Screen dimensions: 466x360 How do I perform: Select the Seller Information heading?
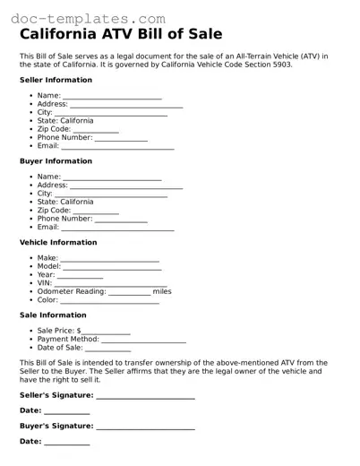pyautogui.click(x=56, y=80)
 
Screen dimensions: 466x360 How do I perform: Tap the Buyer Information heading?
pyautogui.click(x=56, y=161)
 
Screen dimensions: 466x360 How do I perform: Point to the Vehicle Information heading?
pyautogui.click(x=58, y=242)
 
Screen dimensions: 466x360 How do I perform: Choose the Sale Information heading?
pyautogui.click(x=53, y=315)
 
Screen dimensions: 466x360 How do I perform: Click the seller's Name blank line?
pyautogui.click(x=112, y=97)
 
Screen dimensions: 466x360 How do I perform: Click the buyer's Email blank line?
pyautogui.click(x=117, y=229)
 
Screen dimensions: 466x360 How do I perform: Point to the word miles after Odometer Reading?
pyautogui.click(x=162, y=291)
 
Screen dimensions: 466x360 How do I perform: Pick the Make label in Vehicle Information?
pyautogui.click(x=47, y=258)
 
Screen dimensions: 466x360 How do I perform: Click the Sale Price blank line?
pyautogui.click(x=107, y=332)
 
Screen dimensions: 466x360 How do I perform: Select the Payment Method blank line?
pyautogui.click(x=143, y=341)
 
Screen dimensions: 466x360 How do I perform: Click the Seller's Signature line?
pyautogui.click(x=145, y=397)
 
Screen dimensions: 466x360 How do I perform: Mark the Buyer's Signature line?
pyautogui.click(x=145, y=428)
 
